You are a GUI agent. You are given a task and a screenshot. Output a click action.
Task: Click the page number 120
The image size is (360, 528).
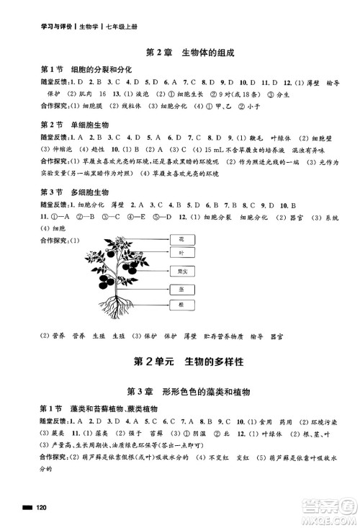pos(42,509)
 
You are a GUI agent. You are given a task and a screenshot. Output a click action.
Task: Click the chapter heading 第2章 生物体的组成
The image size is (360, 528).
pos(180,53)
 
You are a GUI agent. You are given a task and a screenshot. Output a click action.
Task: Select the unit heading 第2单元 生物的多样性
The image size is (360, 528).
pos(180,359)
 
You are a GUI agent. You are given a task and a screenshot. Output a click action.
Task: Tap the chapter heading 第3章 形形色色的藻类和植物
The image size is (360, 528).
pos(180,392)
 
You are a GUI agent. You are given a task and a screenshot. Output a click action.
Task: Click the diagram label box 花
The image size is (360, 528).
pos(181,238)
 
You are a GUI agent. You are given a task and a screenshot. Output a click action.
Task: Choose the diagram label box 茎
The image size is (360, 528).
pos(181,290)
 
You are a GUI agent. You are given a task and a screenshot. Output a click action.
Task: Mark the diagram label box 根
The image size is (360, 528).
pos(181,305)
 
